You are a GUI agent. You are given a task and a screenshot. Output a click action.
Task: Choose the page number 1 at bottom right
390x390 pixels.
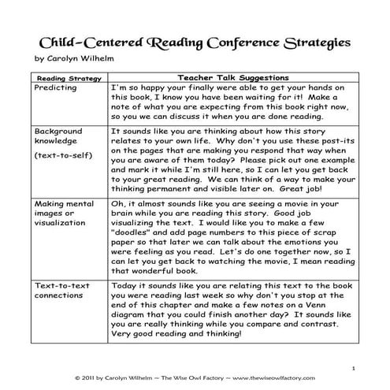pyautogui.click(x=355, y=366)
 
